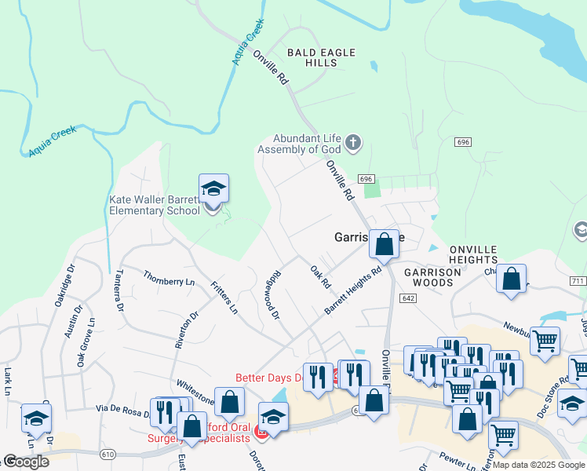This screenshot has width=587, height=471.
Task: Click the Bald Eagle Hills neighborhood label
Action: [321, 57]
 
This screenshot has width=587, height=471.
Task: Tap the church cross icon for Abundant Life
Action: [353, 143]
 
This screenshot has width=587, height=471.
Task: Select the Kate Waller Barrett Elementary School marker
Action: [213, 189]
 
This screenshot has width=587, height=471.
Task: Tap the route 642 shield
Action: [407, 298]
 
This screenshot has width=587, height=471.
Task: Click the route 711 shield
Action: [578, 281]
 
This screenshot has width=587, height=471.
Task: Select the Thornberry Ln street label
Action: [168, 278]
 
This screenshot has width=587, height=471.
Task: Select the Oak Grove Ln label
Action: [85, 342]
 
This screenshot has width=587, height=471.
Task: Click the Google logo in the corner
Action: [26, 462]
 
